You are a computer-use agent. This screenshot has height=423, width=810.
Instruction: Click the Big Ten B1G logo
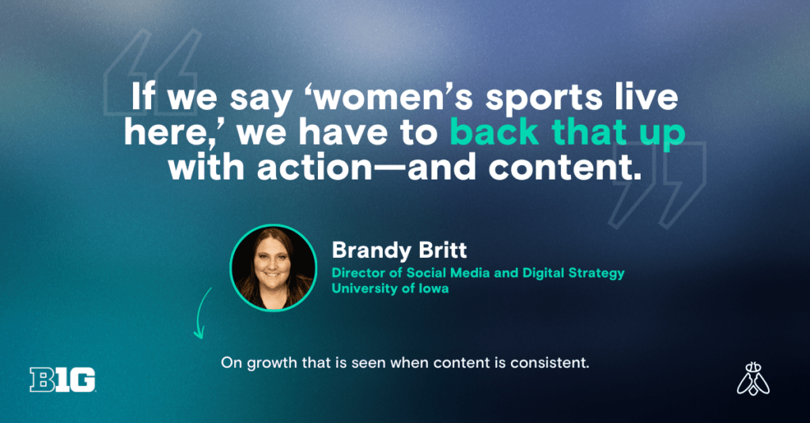[x=62, y=380]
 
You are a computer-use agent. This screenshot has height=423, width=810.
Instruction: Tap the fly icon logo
[x=753, y=379]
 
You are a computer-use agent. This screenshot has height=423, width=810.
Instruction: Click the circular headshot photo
[x=273, y=267]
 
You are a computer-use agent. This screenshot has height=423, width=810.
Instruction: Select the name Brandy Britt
[x=399, y=250]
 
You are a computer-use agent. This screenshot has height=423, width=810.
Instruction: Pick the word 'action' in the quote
[x=315, y=168]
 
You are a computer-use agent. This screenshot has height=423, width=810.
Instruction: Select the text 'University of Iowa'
[x=390, y=289]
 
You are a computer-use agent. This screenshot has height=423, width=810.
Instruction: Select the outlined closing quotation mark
[x=660, y=186]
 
